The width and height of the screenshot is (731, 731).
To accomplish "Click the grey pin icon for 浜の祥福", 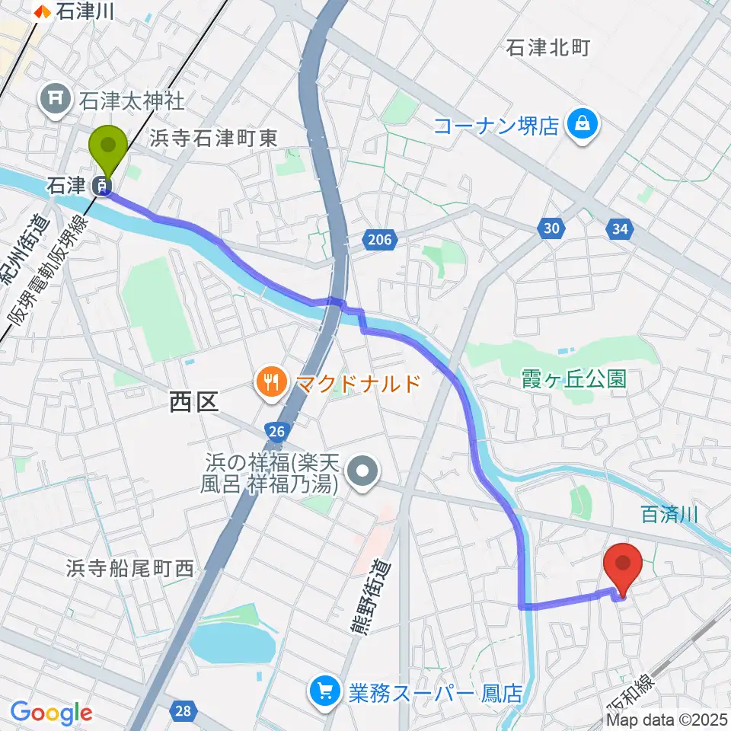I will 364,472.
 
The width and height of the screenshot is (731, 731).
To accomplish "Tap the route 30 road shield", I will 552,228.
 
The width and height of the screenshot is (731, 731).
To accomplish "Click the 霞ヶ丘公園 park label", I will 574,378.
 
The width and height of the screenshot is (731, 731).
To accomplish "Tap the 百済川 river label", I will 670,516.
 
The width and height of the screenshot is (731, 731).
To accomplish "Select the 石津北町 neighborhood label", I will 547,49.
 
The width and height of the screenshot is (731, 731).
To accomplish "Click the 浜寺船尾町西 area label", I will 130,567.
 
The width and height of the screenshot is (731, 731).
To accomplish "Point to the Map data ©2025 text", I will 668,720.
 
